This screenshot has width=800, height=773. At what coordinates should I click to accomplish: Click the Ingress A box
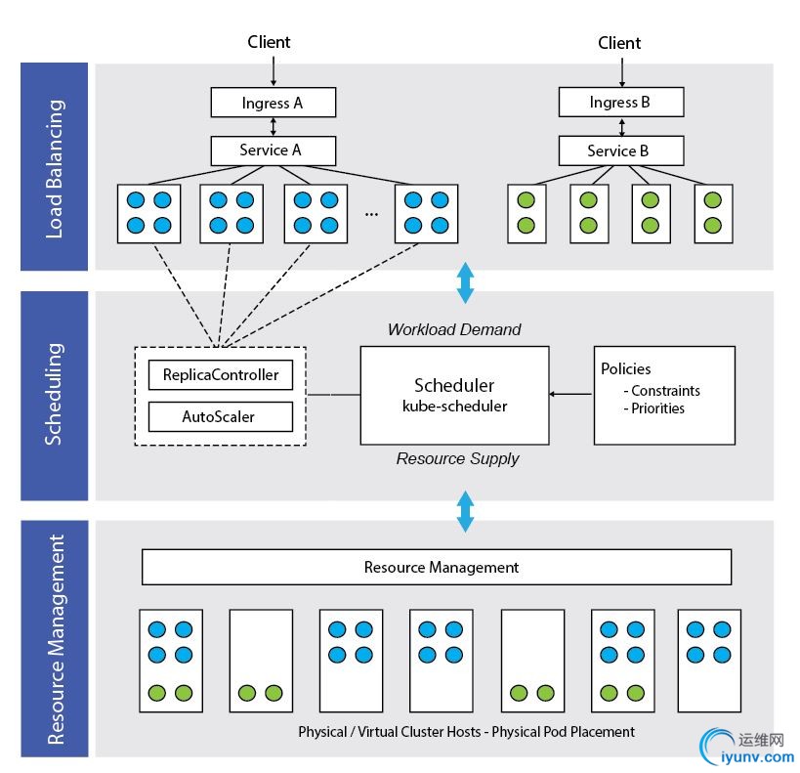pyautogui.click(x=273, y=103)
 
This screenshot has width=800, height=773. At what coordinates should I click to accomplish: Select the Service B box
pyautogui.click(x=620, y=150)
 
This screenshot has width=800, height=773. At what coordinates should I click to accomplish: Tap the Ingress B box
pyautogui.click(x=620, y=103)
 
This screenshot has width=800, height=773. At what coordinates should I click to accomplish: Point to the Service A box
pyautogui.click(x=273, y=150)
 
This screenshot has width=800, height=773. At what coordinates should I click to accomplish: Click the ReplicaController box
pyautogui.click(x=221, y=375)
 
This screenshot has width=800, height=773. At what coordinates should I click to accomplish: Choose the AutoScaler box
pyautogui.click(x=221, y=417)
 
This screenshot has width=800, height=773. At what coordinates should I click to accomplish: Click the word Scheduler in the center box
pyautogui.click(x=453, y=385)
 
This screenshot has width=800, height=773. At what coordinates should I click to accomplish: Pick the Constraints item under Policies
pyautogui.click(x=665, y=391)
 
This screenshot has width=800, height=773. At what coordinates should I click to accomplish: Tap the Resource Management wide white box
pyautogui.click(x=437, y=567)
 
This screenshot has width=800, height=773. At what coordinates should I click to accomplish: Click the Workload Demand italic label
pyautogui.click(x=454, y=330)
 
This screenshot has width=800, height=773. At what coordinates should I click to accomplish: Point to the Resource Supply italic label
pyautogui.click(x=457, y=458)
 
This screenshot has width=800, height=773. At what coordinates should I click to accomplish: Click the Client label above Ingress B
pyautogui.click(x=619, y=43)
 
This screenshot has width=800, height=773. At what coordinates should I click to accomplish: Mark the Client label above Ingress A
pyautogui.click(x=270, y=42)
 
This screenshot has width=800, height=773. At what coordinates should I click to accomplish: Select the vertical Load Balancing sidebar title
pyautogui.click(x=55, y=167)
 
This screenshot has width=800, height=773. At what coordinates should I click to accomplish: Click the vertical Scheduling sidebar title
pyautogui.click(x=55, y=395)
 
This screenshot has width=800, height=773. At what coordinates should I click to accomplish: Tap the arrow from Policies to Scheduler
pyautogui.click(x=570, y=395)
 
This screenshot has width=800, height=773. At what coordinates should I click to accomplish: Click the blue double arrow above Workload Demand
pyautogui.click(x=466, y=281)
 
